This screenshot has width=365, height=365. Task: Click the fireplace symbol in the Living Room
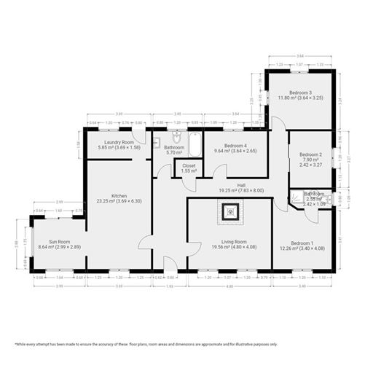[x=230, y=213]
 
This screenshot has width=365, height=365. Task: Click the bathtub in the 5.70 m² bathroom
[x=195, y=144]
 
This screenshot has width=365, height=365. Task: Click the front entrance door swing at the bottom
[x=170, y=264]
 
